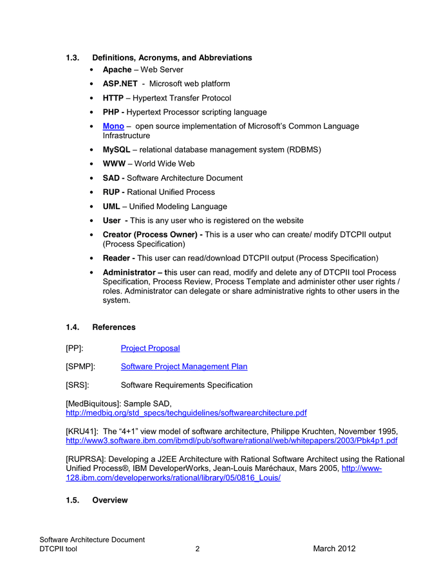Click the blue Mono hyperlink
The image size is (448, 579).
pos(113,126)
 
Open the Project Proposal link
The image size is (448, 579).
pos(150,348)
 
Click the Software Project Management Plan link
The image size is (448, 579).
pos(183,367)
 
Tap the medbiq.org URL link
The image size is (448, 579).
pos(186,412)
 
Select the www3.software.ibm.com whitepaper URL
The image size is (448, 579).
pos(231,441)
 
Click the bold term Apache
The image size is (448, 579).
pos(117,69)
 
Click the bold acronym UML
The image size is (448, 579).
pos(111,207)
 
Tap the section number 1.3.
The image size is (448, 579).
pos(73,58)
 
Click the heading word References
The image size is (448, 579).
pos(114,327)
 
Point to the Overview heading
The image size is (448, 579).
pos(109,501)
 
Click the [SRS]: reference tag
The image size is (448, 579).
pos(77,385)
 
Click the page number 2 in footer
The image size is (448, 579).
pos(198,549)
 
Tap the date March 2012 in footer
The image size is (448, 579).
pos(334,549)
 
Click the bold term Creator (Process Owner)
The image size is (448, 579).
pos(151,235)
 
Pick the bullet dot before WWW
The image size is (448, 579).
pos(95,164)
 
